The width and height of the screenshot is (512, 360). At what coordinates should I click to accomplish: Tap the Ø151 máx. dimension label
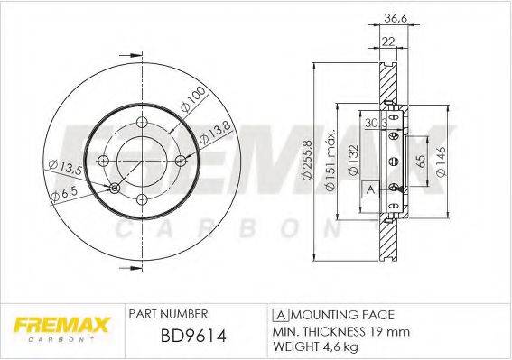[x=332, y=160]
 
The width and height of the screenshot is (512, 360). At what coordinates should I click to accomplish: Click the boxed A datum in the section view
[x=369, y=189]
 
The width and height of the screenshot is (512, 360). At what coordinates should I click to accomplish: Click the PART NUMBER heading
[x=169, y=314]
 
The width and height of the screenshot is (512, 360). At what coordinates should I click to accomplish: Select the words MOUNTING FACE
[x=340, y=314]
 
